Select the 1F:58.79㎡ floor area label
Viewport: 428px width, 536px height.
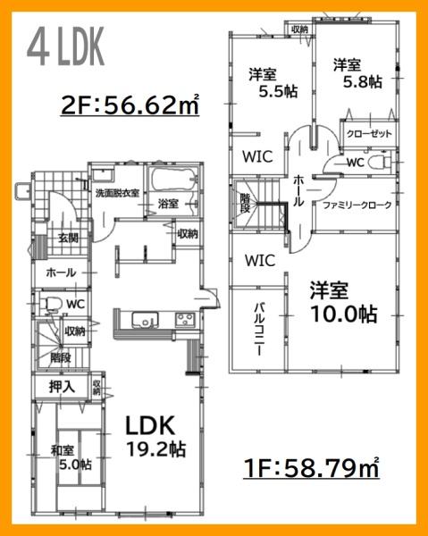[x=312, y=466]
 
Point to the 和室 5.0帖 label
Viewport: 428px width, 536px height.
[x=70, y=456]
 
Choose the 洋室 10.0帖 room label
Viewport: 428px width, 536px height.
[x=343, y=302]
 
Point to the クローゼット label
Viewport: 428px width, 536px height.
[x=367, y=134]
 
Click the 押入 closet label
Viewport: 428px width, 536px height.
[x=62, y=388]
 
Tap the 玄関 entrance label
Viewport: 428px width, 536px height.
[x=68, y=238]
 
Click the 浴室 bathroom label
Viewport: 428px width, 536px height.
[x=167, y=205]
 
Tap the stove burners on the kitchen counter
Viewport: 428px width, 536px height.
[x=186, y=321]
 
